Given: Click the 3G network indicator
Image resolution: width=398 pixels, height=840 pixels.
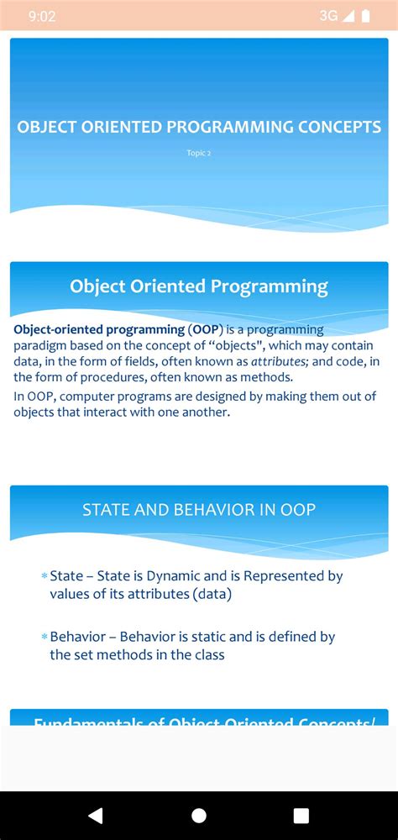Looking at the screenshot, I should click(x=328, y=16).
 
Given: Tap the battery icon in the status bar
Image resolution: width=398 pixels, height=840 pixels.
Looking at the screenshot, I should click(x=365, y=16).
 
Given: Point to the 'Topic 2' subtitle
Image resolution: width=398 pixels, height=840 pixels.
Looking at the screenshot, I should click(x=199, y=153).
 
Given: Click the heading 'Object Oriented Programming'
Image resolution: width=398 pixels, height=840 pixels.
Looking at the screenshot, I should click(x=199, y=286).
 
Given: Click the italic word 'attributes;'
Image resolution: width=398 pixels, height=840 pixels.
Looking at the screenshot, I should click(x=280, y=362).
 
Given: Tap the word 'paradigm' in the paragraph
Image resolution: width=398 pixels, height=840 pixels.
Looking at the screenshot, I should click(x=39, y=346).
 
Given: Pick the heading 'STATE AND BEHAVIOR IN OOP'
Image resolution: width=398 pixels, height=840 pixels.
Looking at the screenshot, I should click(x=199, y=509).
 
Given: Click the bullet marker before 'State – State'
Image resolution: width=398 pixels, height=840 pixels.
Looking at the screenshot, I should click(x=44, y=577).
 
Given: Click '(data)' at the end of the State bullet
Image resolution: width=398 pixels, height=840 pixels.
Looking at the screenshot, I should click(x=211, y=594).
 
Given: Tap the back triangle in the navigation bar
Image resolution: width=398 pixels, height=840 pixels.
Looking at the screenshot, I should click(x=96, y=815).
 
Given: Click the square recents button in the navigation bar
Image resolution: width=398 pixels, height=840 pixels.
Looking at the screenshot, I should click(x=301, y=815).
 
